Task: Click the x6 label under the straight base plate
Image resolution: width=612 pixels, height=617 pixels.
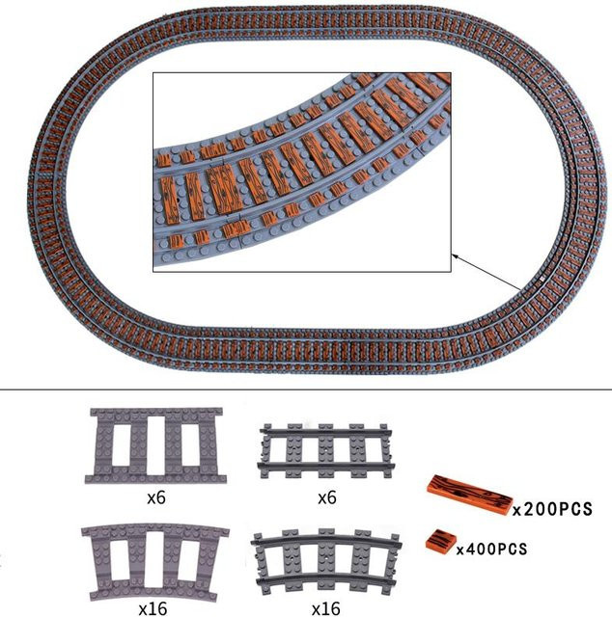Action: (x=156, y=498)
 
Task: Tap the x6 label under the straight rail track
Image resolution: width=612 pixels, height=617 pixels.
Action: (x=327, y=498)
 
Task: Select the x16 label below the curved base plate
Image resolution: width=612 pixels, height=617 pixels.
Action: (x=153, y=608)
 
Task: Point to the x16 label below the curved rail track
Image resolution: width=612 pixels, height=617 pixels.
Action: (x=325, y=608)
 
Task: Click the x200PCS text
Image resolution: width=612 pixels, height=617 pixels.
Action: (x=552, y=509)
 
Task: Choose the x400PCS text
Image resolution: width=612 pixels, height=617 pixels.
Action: (x=491, y=549)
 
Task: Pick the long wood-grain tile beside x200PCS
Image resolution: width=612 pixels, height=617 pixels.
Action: (x=470, y=494)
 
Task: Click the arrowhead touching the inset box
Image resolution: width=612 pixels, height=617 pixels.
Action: (x=455, y=256)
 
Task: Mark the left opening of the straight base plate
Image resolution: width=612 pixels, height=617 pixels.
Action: (x=122, y=444)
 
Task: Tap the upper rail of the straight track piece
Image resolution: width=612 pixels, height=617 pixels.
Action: (x=325, y=432)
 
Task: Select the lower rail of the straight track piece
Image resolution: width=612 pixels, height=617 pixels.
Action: (x=325, y=466)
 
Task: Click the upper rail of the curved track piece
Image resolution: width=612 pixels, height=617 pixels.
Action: (x=326, y=538)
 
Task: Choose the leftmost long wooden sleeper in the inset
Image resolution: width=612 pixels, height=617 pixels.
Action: (x=169, y=201)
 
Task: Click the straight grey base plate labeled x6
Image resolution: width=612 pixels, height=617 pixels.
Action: (x=155, y=445)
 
